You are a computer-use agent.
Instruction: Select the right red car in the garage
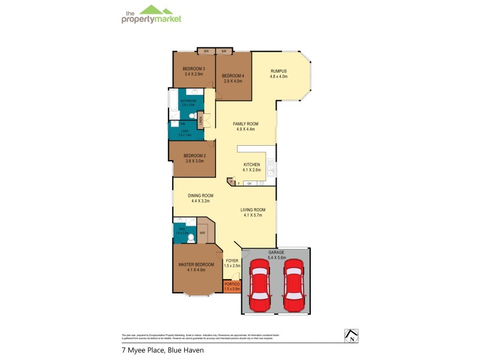coord(293,284)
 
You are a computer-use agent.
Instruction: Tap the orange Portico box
coord(232,286)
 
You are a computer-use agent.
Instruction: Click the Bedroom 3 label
coord(194,69)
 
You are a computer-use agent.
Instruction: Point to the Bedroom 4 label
coord(232,76)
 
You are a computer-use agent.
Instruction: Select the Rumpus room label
coord(279,71)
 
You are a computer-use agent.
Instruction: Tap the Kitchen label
coord(251,164)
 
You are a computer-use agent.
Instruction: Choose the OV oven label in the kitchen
coord(249,183)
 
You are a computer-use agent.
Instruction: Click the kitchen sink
coord(271,168)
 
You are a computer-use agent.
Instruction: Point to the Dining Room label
coord(200,196)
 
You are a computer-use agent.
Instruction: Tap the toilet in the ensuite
coord(191,238)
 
